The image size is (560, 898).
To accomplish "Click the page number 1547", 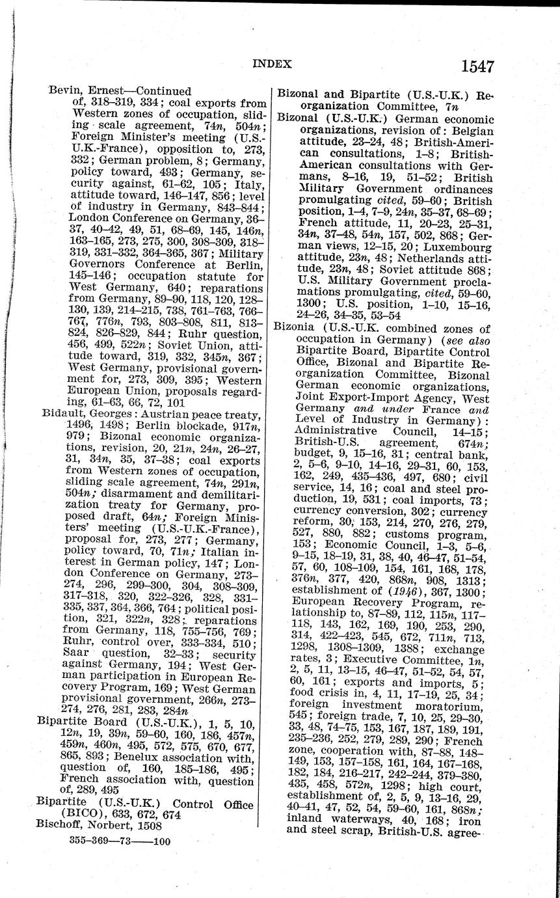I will [477, 66].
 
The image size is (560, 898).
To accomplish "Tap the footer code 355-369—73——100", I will [119, 841].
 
